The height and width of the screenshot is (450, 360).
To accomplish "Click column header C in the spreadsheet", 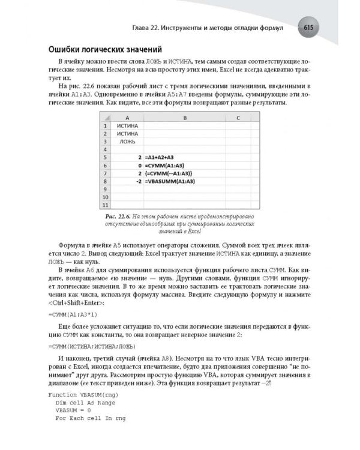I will (x=239, y=118).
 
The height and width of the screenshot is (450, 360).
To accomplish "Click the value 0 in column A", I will (x=140, y=165).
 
